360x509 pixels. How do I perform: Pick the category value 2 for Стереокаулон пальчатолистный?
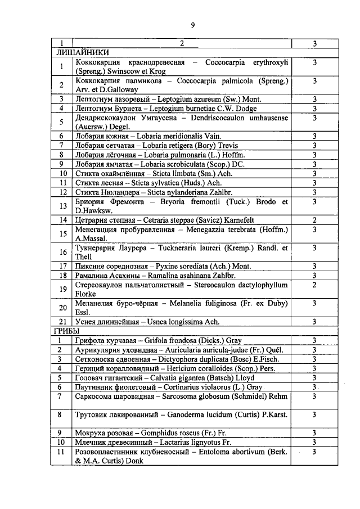click(314, 285)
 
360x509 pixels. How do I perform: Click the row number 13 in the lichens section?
click(63, 206)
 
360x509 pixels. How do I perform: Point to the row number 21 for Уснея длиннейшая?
click(63, 322)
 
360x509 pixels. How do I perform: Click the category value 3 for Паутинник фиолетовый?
click(314, 387)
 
